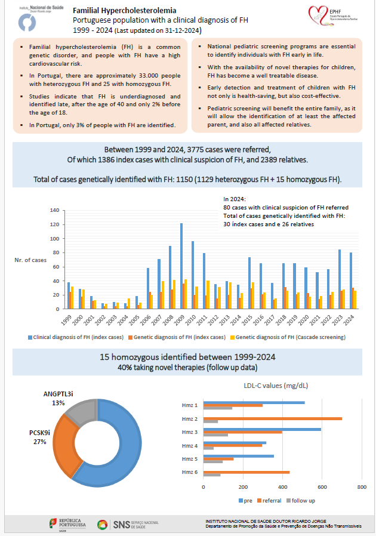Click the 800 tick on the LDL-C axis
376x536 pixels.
[x=361, y=488]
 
